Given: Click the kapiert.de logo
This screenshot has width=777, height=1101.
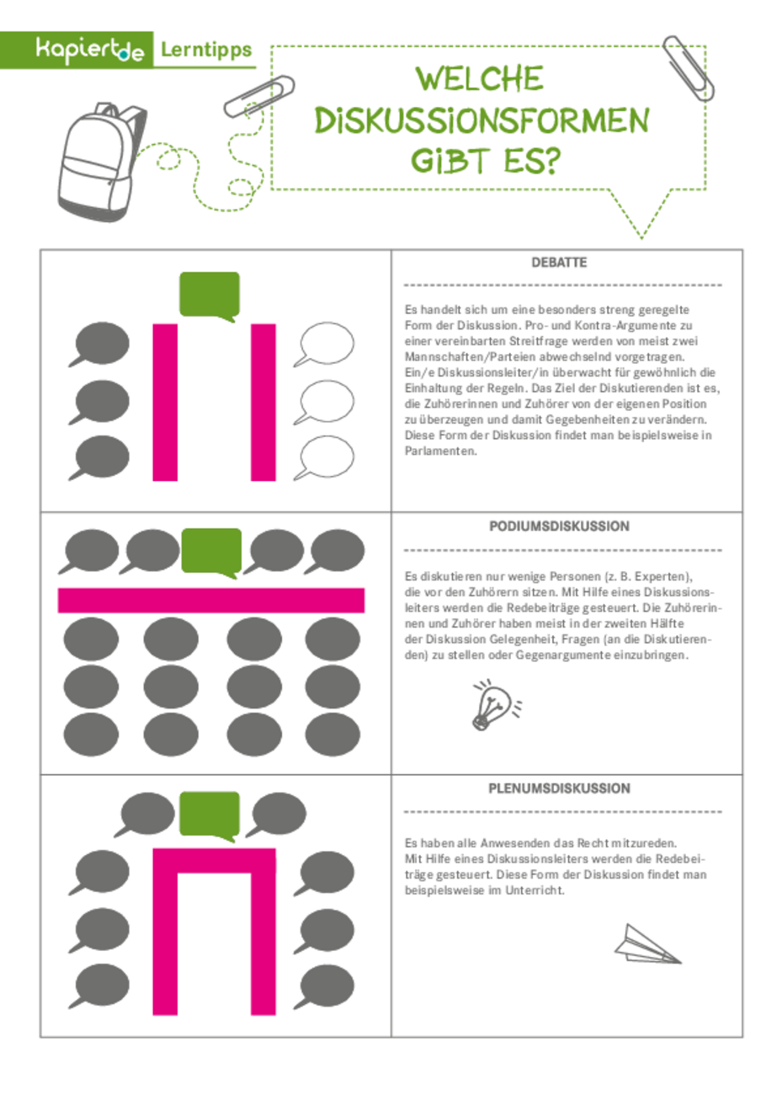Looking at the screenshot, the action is tap(90, 51).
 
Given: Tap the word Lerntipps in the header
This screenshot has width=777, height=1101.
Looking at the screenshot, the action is tap(206, 51).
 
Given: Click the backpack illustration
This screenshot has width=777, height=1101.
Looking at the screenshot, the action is tap(102, 162).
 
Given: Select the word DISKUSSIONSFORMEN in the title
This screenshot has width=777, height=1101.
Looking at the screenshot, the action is tap(482, 120).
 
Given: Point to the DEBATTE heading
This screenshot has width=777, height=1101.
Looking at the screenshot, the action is tap(559, 263).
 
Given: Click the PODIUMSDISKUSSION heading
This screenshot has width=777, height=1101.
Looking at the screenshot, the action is tap(559, 526).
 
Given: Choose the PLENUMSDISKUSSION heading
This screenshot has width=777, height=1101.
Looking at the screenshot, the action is tap(559, 788).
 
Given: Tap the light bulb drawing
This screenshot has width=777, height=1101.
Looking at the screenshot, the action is tap(496, 704).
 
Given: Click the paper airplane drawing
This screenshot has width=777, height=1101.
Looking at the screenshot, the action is tap(647, 945).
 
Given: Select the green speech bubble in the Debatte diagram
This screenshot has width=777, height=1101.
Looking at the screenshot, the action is tap(210, 297).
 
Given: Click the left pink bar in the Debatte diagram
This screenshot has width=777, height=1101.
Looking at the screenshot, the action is tap(165, 402).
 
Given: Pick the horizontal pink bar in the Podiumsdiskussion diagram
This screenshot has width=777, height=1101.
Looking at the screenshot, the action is tap(211, 600).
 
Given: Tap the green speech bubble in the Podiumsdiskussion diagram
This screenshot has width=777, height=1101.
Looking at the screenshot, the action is tap(211, 553).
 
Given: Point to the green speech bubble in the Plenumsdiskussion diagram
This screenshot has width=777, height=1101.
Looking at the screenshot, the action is tap(210, 816).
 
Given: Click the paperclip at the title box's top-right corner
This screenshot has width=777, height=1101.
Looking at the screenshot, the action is tap(689, 69).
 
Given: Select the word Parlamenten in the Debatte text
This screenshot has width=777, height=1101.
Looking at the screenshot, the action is tap(440, 452).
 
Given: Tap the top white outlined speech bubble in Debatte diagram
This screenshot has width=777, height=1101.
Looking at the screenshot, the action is tap(325, 344).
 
